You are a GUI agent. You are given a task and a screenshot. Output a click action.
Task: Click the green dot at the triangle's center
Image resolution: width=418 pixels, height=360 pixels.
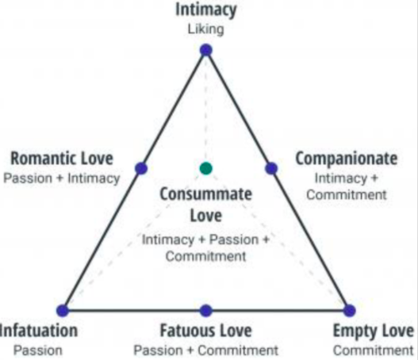click(205, 168)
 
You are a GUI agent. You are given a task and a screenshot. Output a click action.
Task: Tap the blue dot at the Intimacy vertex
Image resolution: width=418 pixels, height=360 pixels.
click(205, 50)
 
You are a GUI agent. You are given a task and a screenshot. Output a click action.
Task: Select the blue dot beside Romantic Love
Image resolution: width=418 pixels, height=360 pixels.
click(141, 168)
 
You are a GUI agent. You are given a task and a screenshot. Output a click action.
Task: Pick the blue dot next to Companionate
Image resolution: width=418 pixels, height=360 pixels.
click(271, 168)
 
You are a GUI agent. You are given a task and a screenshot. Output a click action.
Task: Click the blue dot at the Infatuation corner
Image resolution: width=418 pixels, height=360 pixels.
click(63, 310)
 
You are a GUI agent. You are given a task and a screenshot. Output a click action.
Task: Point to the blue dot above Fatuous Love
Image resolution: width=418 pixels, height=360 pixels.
click(205, 310)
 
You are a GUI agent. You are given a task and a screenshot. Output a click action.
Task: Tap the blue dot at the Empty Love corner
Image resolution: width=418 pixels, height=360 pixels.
click(350, 310)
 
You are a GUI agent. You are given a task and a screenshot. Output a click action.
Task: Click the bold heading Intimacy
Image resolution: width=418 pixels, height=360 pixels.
click(205, 10)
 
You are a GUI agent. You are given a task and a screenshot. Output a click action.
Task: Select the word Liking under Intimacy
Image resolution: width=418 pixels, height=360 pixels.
click(205, 29)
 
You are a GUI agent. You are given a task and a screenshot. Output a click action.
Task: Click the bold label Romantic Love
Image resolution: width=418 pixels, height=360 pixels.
click(62, 159)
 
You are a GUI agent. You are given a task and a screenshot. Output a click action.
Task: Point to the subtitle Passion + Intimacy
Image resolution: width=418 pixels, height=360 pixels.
click(62, 178)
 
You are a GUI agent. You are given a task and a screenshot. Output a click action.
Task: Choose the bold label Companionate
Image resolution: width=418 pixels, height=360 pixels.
click(347, 159)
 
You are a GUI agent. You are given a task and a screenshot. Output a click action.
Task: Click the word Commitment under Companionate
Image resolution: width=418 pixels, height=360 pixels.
click(347, 195)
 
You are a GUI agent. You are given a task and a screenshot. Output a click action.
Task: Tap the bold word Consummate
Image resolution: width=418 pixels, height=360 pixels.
click(205, 193)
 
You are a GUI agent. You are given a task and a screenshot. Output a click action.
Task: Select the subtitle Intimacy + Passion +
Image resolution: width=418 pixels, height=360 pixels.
click(205, 239)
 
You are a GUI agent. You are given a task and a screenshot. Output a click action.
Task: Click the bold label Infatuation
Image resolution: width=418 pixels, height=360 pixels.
click(39, 331)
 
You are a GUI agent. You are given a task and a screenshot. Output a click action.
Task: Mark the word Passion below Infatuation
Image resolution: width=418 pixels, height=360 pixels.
click(38, 350)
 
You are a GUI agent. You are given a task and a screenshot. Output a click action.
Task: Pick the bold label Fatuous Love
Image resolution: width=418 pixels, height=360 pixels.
click(205, 331)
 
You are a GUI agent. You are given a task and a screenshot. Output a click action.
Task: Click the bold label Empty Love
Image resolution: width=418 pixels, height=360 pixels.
click(374, 331)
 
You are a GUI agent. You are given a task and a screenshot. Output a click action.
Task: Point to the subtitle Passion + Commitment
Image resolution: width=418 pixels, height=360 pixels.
click(205, 350)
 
